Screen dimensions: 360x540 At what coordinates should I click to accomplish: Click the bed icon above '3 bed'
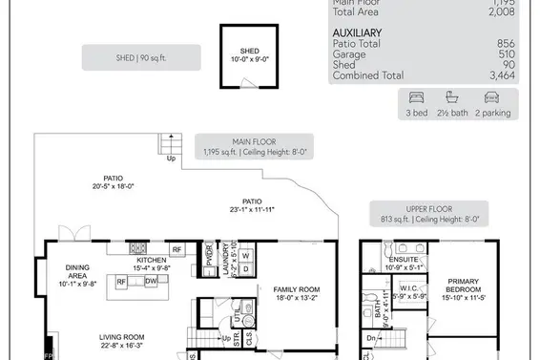click(415, 96)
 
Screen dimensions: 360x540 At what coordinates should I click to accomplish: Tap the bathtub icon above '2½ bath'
click(453, 96)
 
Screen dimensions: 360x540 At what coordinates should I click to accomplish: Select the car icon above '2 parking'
click(492, 96)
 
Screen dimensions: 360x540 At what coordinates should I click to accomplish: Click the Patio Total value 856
click(517, 43)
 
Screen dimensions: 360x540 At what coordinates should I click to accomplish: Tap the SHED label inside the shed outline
click(249, 52)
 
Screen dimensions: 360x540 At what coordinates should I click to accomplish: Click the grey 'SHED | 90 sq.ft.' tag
click(142, 56)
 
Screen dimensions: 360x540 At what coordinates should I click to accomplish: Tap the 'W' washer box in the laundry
click(244, 256)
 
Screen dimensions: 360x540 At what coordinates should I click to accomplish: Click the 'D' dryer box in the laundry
click(244, 270)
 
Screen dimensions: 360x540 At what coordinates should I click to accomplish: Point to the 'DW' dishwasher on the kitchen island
click(151, 282)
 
